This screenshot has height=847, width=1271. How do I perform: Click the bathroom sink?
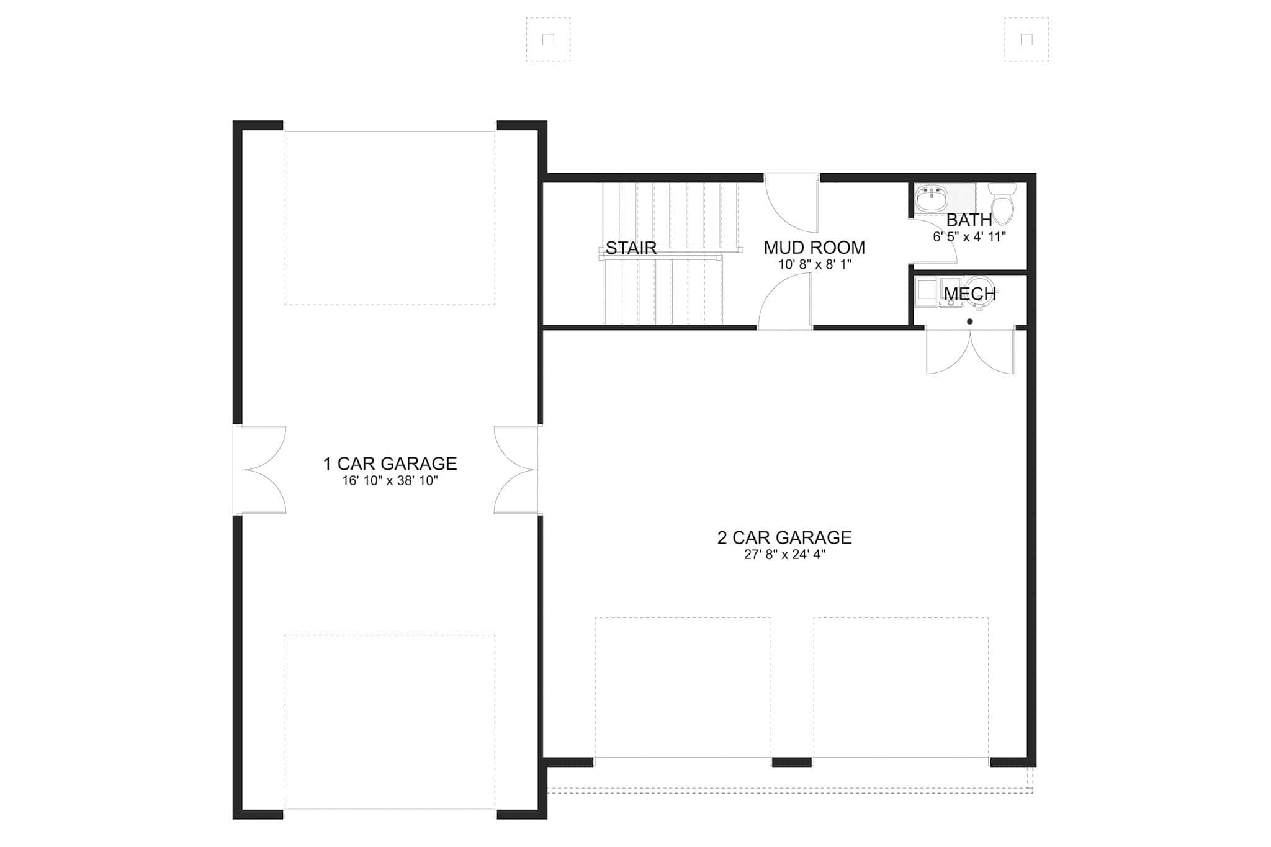(x=932, y=199)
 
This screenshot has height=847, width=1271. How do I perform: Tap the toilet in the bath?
(x=1002, y=202)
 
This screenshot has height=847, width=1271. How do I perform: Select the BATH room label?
(x=969, y=220)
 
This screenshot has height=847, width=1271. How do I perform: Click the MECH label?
(x=970, y=294)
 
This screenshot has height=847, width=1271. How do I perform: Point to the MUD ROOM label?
(x=814, y=248)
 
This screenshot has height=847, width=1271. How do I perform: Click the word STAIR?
(x=631, y=248)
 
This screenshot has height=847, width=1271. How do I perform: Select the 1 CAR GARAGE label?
(x=390, y=464)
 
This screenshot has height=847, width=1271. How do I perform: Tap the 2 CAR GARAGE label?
(x=784, y=537)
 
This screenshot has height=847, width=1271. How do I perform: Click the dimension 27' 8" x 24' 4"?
(x=784, y=555)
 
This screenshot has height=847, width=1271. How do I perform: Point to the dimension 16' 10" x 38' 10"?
(x=390, y=481)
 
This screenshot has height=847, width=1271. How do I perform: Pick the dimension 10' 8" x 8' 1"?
(x=814, y=264)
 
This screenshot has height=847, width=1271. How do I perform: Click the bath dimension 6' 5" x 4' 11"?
(x=969, y=236)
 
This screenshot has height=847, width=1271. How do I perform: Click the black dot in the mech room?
(x=969, y=321)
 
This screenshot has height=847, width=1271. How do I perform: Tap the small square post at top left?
(x=548, y=40)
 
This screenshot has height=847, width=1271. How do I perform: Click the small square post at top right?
(x=1026, y=40)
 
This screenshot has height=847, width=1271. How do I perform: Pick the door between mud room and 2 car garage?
(x=784, y=302)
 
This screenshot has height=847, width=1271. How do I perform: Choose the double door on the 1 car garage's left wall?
(x=260, y=470)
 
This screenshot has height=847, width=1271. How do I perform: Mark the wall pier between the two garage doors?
(x=791, y=762)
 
